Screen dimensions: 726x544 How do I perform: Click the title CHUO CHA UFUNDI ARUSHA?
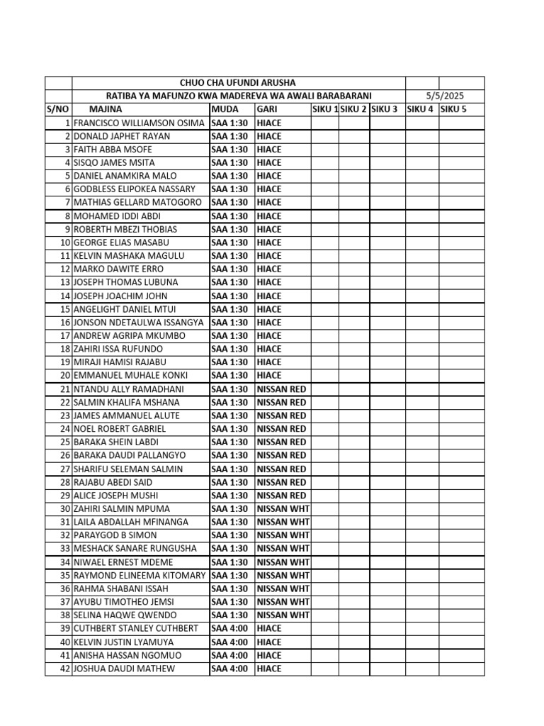pos(238,83)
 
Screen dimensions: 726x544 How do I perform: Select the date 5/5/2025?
pos(444,96)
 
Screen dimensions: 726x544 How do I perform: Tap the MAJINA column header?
pos(106,109)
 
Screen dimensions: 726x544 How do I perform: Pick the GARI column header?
pos(266,109)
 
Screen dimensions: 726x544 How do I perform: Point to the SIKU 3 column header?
pos(385,109)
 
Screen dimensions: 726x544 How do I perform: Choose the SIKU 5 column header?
pos(454,109)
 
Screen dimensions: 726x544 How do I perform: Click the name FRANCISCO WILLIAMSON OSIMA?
pos(139,123)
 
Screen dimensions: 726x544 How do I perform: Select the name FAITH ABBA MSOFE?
pos(113,150)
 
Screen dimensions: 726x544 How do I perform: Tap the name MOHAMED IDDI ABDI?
pos(117,216)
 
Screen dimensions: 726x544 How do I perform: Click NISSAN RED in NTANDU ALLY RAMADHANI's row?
pos(281,389)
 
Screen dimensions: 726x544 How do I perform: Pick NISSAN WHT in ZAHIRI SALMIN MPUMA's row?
pos(283,509)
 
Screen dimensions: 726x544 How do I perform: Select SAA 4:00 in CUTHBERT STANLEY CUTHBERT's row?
pos(229,629)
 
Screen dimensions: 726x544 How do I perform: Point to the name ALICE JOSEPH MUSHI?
pos(115,496)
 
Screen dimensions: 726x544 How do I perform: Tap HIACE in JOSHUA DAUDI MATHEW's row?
pos(269,669)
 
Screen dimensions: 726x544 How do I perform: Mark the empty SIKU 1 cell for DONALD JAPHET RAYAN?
pos(325,136)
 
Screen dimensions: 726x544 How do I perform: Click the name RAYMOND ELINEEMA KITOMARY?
pos(140,576)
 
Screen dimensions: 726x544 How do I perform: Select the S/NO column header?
pos(58,109)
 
